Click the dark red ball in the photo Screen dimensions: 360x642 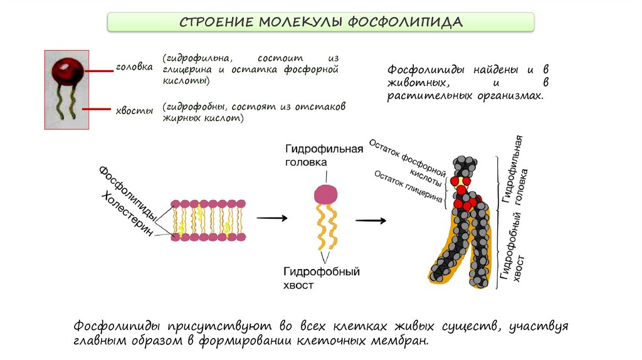pos(66,71)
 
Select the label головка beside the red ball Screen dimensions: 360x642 pos(134,67)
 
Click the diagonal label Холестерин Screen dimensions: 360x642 pos(129,216)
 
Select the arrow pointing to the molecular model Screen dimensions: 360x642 pos(371,221)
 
